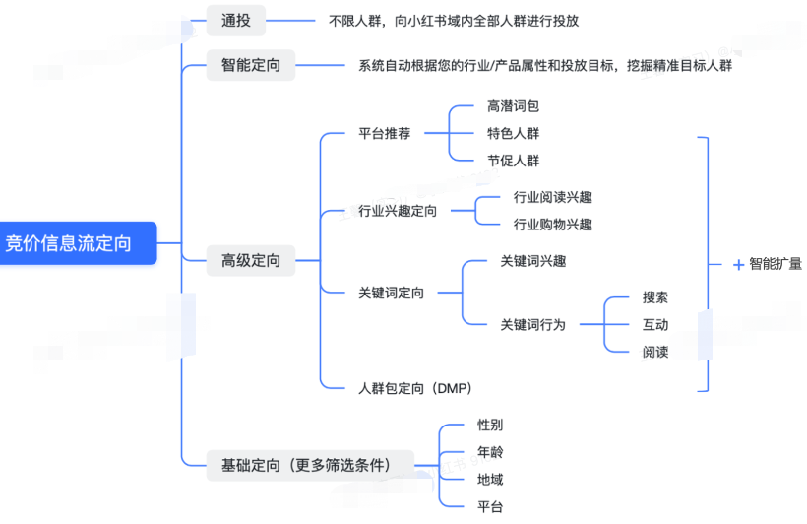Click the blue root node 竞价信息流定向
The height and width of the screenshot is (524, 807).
pos(74,243)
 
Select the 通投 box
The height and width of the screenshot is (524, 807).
pos(236,19)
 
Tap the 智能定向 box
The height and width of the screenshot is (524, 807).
pos(250,65)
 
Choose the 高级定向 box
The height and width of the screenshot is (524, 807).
pos(250,261)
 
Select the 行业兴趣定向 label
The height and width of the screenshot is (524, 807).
pos(398,211)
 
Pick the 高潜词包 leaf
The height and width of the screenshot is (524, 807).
pos(513,106)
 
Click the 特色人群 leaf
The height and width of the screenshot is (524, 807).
pos(513,133)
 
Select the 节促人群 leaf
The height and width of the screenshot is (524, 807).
pos(513,161)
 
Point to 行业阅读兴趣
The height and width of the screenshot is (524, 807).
pos(552,197)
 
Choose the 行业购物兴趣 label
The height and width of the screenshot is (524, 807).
pos(552,225)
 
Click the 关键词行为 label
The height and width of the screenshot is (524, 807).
pos(532,324)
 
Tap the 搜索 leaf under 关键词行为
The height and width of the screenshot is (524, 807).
pos(655,297)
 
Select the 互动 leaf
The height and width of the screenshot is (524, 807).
pos(655,324)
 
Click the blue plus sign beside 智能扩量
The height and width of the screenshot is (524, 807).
pos(738,264)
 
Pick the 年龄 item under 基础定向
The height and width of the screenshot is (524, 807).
pos(490,452)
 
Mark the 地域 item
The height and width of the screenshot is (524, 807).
pos(490,480)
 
